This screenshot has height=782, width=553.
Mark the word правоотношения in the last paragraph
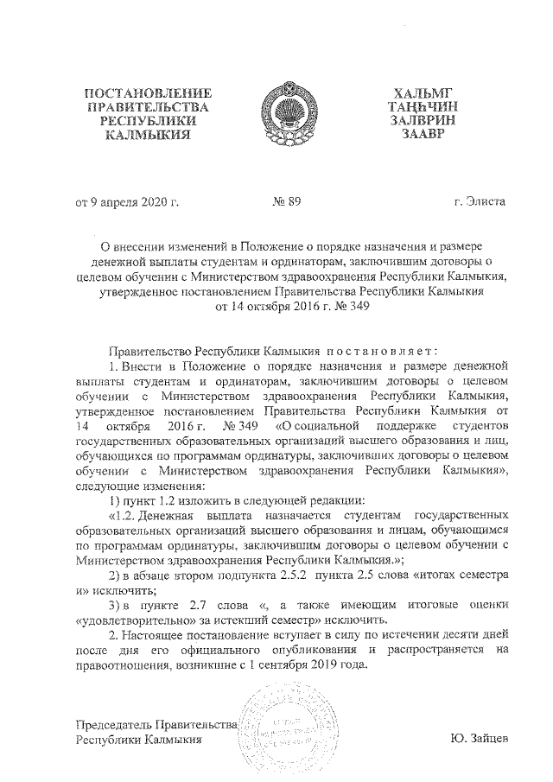(x=124, y=666)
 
